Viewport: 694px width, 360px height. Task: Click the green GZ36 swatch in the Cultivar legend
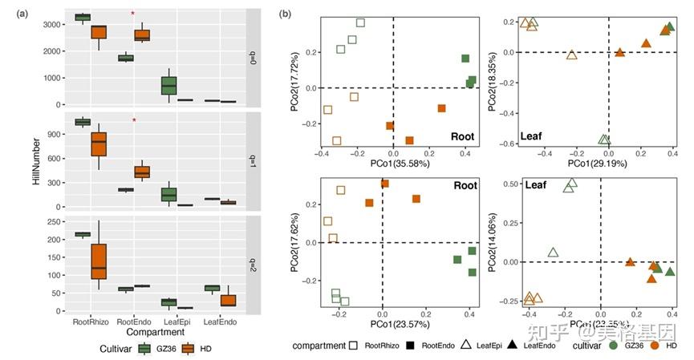coord(146,349)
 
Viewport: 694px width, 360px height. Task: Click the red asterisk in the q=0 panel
coord(133,14)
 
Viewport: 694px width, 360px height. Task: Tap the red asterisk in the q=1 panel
coord(134,121)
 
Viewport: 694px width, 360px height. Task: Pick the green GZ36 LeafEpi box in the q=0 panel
coord(168,84)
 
